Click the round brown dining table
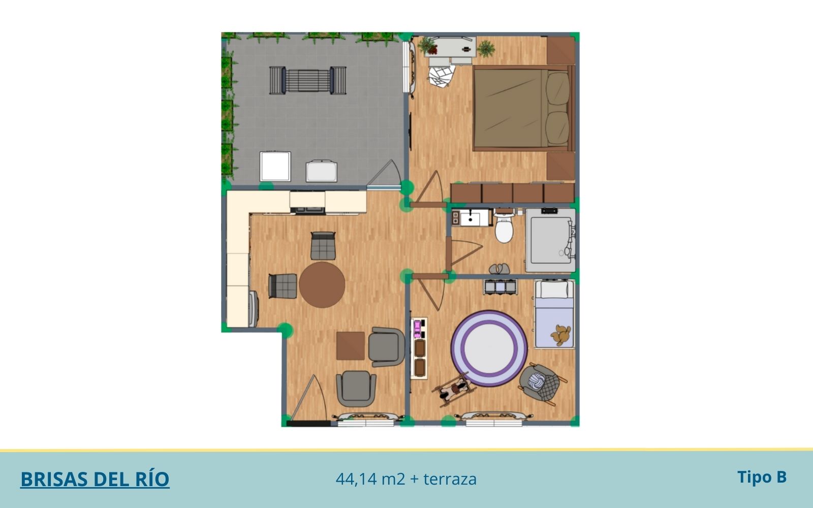322,285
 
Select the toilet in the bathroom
504,227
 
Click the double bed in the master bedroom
524,108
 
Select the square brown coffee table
350,345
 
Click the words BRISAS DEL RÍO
95,479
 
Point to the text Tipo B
762,477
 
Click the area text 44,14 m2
370,479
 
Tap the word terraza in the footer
450,479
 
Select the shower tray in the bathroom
550,240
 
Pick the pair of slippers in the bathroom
499,269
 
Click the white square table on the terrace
275,167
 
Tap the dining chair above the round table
323,246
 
